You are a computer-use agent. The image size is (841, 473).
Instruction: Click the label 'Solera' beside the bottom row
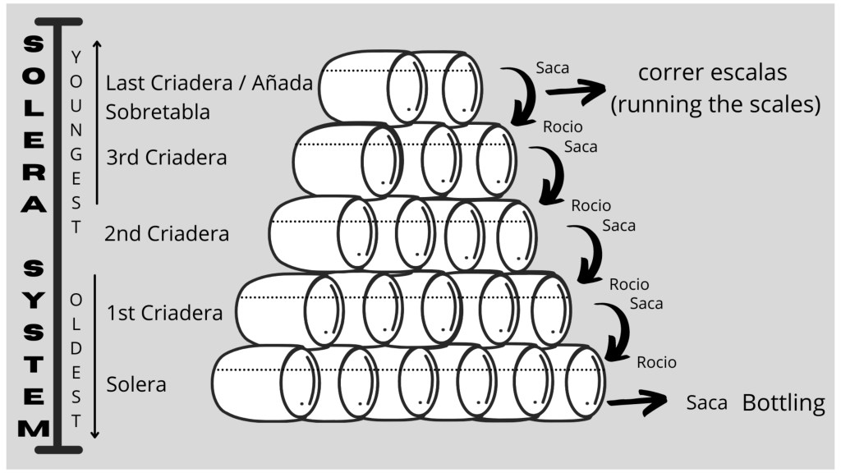point(136,384)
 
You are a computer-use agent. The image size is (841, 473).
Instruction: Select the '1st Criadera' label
point(164,313)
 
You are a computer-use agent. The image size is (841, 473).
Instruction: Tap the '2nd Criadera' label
point(167,233)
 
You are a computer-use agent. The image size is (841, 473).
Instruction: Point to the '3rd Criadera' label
point(167,157)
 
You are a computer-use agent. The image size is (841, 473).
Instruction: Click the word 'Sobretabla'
point(158,111)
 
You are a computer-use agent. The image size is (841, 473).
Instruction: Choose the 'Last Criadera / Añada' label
point(209,83)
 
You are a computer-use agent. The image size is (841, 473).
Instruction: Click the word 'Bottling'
point(784,403)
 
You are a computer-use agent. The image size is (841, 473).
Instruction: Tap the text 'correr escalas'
point(712,72)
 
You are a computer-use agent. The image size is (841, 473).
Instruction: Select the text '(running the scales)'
point(715,105)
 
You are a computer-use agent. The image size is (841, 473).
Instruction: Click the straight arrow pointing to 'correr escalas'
point(576,93)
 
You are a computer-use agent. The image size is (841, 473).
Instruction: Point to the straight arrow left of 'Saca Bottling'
point(637,402)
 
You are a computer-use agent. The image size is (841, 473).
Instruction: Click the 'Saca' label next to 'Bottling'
point(707,404)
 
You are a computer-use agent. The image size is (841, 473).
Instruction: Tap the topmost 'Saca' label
point(552,68)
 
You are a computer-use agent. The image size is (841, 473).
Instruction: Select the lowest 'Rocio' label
point(656,362)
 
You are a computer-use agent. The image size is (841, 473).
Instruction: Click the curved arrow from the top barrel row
point(522,95)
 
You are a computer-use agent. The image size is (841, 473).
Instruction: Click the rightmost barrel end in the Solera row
point(586,381)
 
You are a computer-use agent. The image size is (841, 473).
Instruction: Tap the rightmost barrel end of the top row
point(462,88)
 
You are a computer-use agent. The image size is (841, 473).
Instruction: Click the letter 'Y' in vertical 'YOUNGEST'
point(76,57)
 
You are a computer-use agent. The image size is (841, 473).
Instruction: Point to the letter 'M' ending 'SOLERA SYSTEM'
point(33,429)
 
